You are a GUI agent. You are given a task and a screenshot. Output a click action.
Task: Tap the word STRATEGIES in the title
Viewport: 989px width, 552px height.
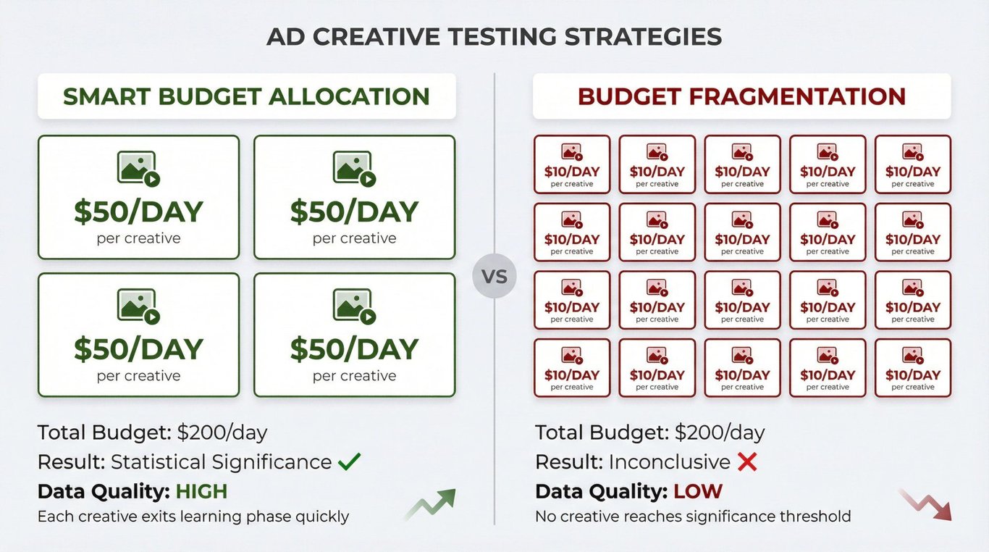pyautogui.click(x=642, y=36)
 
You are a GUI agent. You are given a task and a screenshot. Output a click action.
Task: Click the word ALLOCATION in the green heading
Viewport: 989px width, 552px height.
pyautogui.click(x=349, y=96)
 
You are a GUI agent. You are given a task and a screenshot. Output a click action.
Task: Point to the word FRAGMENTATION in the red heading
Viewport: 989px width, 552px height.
pyautogui.click(x=797, y=96)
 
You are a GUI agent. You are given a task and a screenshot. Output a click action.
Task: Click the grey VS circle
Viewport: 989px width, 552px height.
pyautogui.click(x=494, y=276)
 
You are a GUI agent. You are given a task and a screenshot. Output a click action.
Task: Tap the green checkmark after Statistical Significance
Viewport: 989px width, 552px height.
pyautogui.click(x=349, y=461)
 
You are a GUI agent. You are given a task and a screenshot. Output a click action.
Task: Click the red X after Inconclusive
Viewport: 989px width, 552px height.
pyautogui.click(x=747, y=462)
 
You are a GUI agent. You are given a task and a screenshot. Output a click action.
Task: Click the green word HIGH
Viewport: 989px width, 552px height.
pyautogui.click(x=201, y=491)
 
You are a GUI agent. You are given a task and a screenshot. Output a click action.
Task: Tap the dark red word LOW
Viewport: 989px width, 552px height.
pyautogui.click(x=698, y=491)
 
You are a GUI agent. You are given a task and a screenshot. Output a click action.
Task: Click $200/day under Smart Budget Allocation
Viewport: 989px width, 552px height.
pyautogui.click(x=222, y=432)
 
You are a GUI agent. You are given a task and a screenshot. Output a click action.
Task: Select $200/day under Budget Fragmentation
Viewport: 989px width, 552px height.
pyautogui.click(x=720, y=432)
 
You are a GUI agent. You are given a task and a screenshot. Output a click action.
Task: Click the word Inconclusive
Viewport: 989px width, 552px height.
pyautogui.click(x=669, y=462)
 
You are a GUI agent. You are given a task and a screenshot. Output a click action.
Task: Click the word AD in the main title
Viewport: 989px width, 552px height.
pyautogui.click(x=286, y=36)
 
